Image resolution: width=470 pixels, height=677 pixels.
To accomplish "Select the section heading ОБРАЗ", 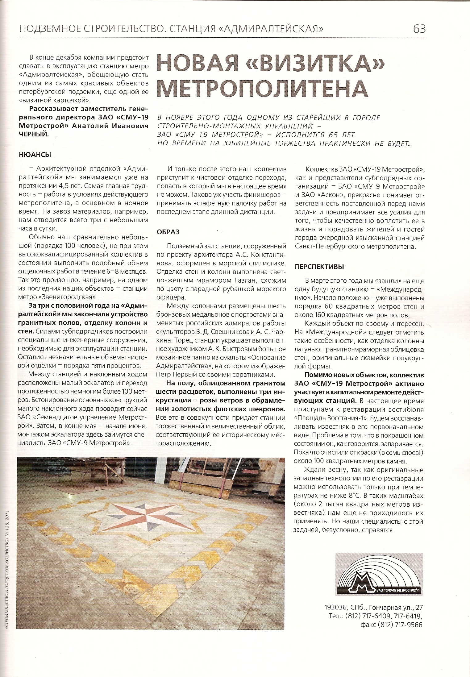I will tap(168, 232).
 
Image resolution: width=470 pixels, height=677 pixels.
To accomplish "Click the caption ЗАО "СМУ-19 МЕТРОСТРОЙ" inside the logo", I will tap(399, 590).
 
